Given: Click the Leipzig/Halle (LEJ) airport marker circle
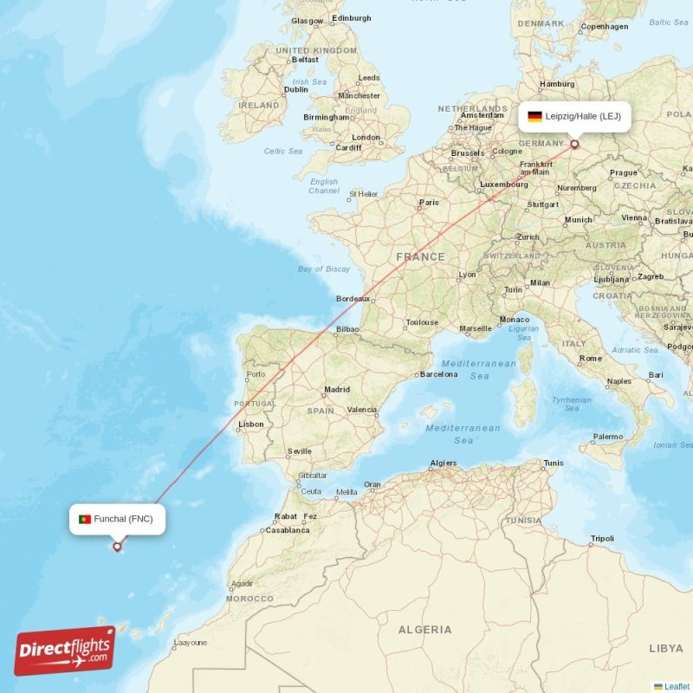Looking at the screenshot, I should click(574, 145).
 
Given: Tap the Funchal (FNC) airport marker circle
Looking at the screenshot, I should click(117, 547).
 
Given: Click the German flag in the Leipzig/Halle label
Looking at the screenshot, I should click(534, 116).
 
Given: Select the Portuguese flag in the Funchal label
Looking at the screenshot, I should click(85, 519).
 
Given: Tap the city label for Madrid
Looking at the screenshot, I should click(336, 390).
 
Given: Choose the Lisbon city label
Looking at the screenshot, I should click(251, 424).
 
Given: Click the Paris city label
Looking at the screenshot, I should click(429, 204).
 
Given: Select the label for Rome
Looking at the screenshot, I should click(591, 359).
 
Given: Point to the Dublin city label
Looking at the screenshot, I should click(296, 89).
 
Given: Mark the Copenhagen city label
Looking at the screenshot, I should click(605, 27).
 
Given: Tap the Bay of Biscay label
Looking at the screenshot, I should click(324, 269).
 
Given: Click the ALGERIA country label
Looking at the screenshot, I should click(424, 630).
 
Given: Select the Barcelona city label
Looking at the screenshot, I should click(438, 374).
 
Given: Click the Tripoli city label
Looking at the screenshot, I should click(602, 539).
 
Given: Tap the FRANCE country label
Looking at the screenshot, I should click(420, 257).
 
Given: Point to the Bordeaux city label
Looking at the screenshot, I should click(353, 299).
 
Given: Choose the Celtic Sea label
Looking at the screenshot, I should click(283, 152).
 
